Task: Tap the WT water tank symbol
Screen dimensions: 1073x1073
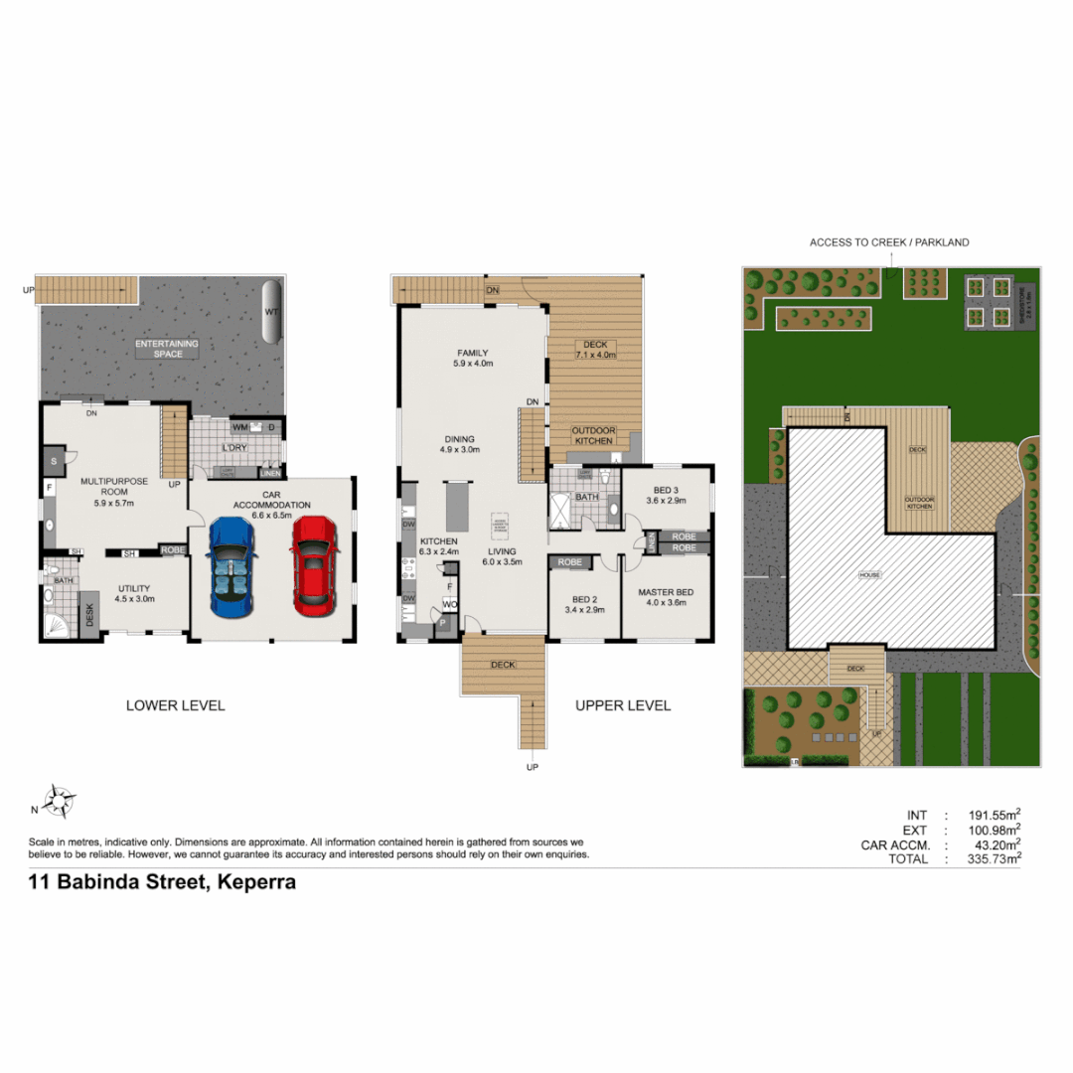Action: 270,311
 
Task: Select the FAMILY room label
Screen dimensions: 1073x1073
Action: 473,359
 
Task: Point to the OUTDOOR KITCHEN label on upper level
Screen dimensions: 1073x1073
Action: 594,436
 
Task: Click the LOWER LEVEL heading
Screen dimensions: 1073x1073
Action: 175,705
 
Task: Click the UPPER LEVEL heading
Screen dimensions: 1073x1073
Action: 623,705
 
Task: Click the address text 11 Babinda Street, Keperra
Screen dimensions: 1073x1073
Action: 162,881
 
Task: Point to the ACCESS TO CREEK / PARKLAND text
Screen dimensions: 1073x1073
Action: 889,242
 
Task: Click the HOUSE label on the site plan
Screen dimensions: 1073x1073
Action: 870,575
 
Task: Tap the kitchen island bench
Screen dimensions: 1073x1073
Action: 457,508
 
